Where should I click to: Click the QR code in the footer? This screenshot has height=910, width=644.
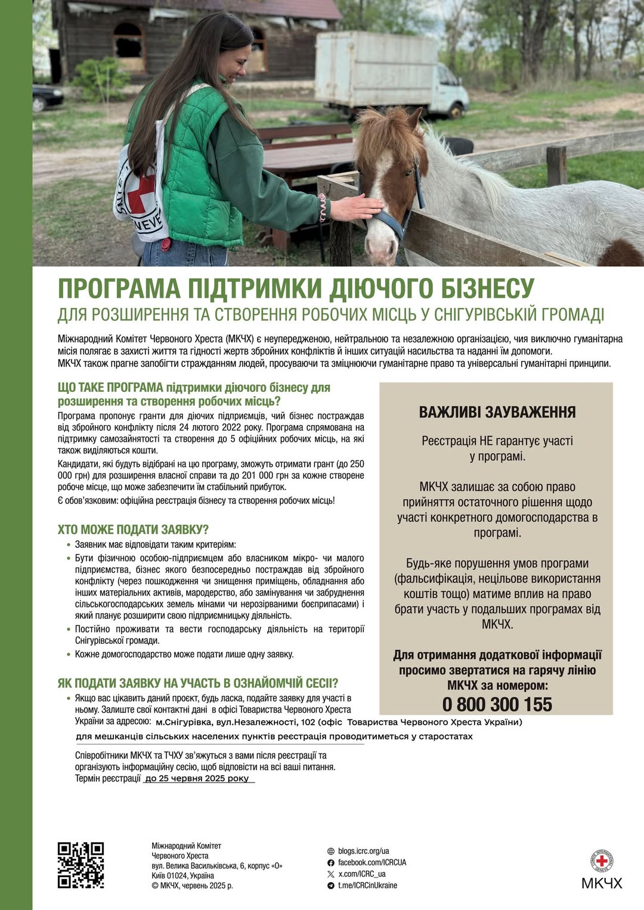[x=80, y=865]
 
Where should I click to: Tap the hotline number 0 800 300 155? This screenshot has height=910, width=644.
[x=497, y=705]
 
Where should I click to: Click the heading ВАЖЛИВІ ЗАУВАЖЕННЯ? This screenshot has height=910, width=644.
[x=497, y=412]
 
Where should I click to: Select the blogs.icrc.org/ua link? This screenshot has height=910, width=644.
[x=363, y=851]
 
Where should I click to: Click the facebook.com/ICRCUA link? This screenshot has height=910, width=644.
[x=371, y=862]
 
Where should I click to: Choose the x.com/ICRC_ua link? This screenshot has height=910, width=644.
[x=362, y=874]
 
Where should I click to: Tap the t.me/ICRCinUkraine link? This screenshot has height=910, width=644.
[x=367, y=885]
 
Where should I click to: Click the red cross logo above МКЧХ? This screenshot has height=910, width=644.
[x=602, y=861]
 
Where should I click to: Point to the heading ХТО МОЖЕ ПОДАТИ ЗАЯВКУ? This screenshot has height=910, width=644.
[x=133, y=529]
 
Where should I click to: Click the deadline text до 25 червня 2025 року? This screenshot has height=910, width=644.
[x=197, y=778]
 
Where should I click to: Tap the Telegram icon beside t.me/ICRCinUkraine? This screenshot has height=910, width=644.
[x=331, y=886]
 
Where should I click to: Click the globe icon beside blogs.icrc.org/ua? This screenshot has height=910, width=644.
[x=331, y=851]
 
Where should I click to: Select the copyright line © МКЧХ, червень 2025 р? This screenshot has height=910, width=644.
[x=192, y=886]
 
